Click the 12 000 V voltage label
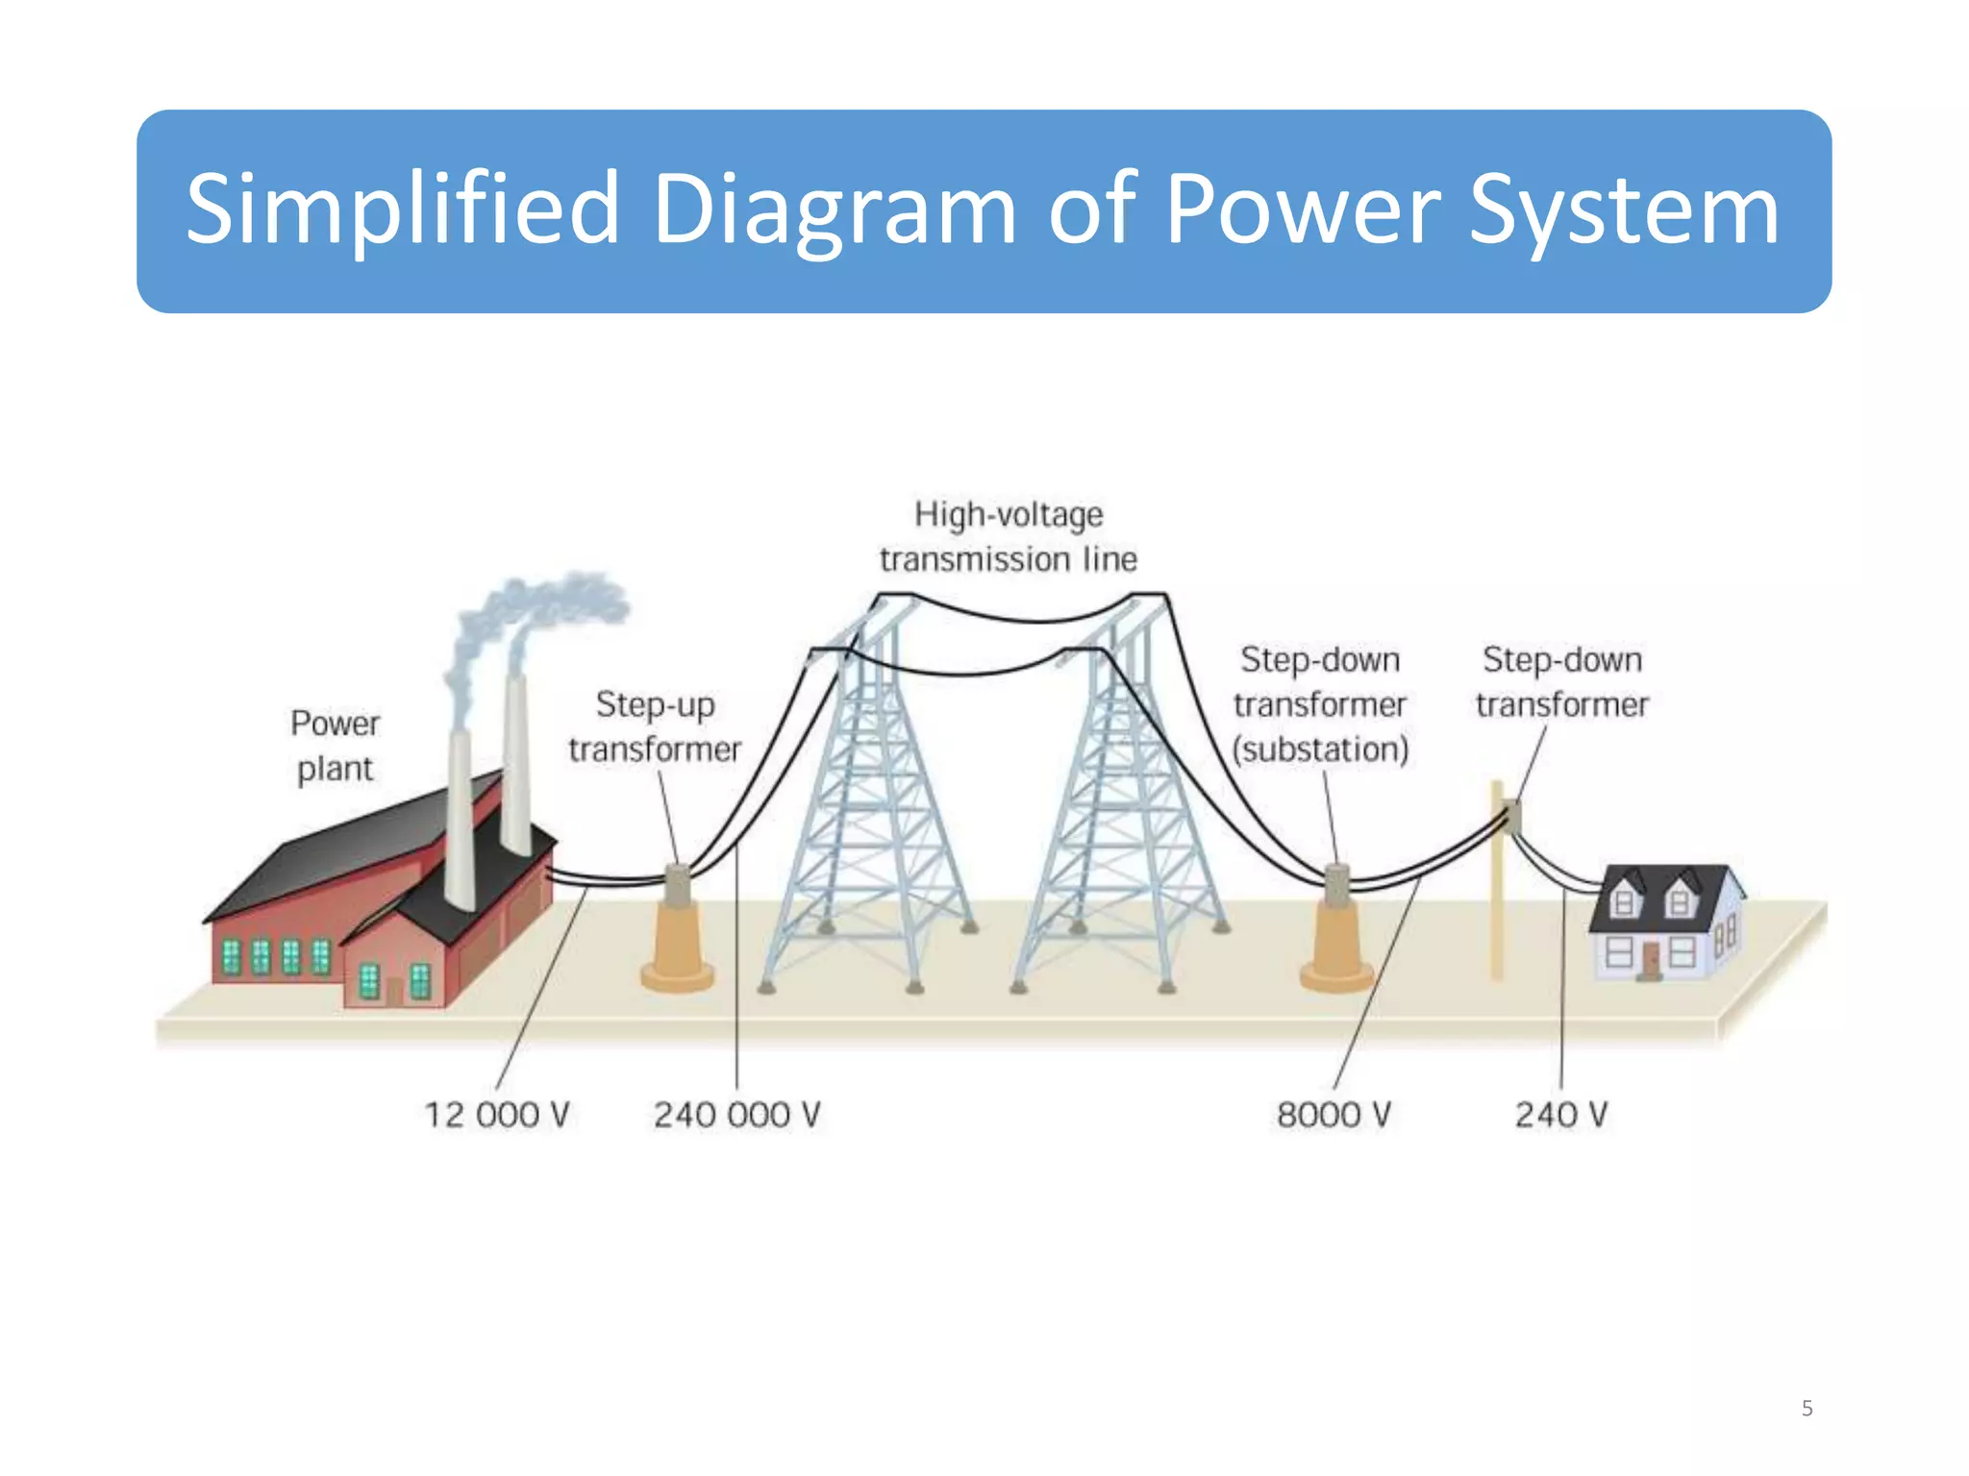tap(497, 1115)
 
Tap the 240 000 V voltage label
tap(737, 1115)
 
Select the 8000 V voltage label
tap(1333, 1115)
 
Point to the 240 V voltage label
tap(1561, 1115)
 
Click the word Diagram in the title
tap(834, 209)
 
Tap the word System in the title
tap(1624, 209)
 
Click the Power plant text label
tap(335, 746)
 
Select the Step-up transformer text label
tap(655, 726)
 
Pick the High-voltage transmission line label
tap(1009, 536)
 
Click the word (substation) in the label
tap(1320, 750)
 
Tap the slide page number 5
tap(1807, 1409)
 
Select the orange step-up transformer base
tap(677, 951)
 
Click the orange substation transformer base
tap(1336, 951)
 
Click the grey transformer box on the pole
tap(1513, 817)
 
